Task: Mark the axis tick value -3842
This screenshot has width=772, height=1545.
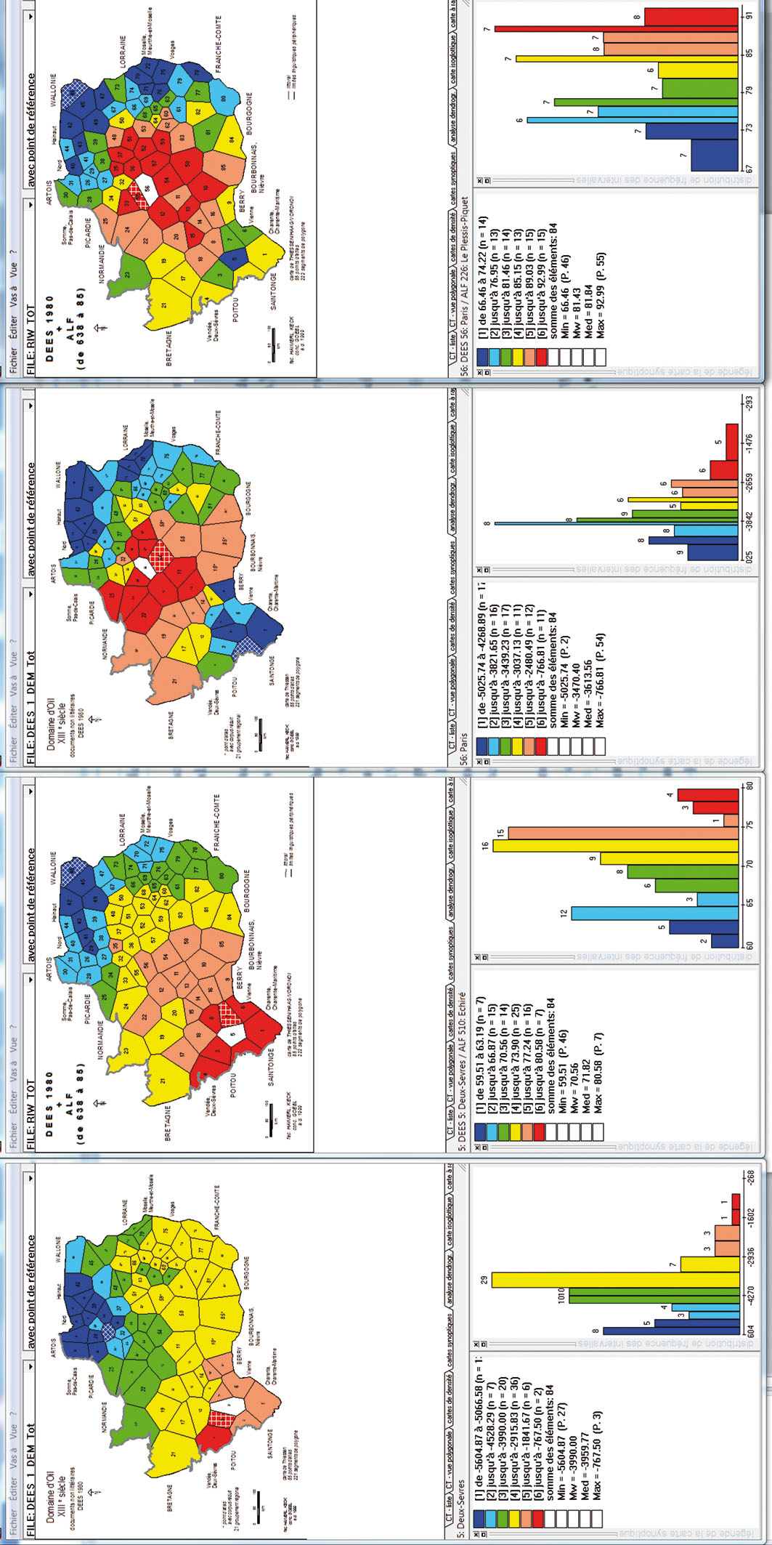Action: pos(749,521)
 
